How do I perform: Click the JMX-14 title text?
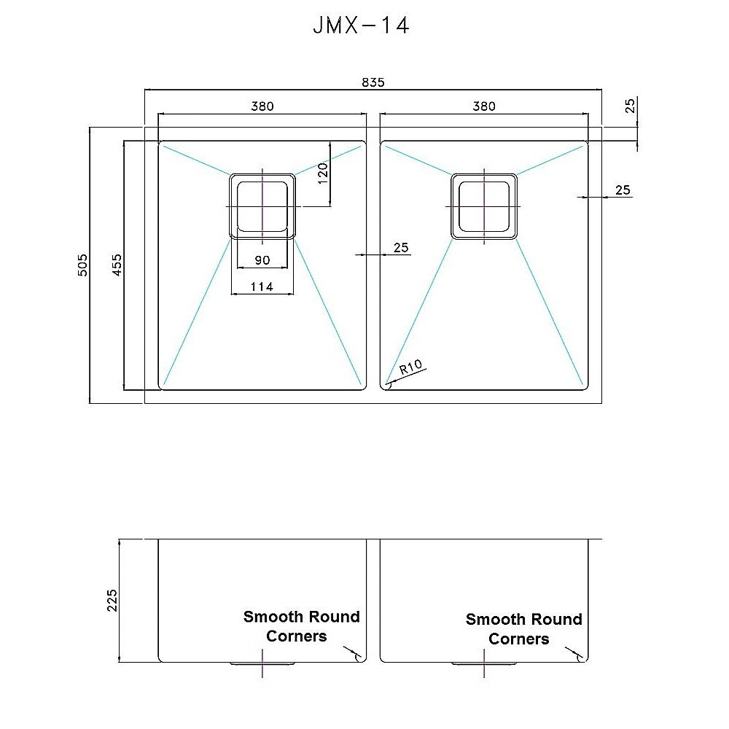tap(360, 26)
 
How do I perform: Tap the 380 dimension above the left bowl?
tap(262, 106)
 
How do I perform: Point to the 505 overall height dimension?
tap(82, 265)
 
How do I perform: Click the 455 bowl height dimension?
tap(117, 265)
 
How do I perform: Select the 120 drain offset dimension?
tap(324, 174)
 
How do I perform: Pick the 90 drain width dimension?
tap(262, 260)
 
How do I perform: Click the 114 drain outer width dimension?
tap(262, 287)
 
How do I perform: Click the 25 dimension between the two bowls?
tap(401, 248)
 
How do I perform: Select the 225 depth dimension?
tap(112, 601)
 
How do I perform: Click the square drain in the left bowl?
tap(262, 206)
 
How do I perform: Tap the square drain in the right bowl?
tap(484, 206)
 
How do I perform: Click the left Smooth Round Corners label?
tap(301, 626)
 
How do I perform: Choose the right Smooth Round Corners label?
tap(523, 628)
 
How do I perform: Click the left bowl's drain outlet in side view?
tap(262, 664)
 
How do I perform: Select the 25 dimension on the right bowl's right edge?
tap(623, 190)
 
